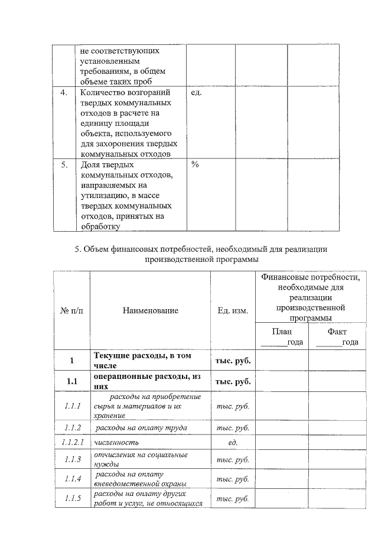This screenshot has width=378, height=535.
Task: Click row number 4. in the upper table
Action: pos(64,93)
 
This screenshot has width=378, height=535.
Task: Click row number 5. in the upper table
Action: pos(64,164)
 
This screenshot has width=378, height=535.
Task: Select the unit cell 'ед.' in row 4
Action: pos(197,93)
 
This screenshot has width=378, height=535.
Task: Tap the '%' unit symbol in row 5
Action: pos(195,164)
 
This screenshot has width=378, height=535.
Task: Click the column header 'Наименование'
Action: pos(151,310)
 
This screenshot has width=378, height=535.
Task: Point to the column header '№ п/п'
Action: pos(71,310)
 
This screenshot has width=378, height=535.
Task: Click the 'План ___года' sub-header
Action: pos(282,337)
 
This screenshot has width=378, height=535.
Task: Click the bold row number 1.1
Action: pos(72,381)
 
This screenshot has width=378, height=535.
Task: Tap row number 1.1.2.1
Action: pos(72,442)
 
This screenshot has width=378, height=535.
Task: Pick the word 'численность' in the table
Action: pos(116,442)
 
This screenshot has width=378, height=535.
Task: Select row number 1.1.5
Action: pos(72,498)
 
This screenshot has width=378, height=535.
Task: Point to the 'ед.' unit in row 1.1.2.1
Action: pos(232,442)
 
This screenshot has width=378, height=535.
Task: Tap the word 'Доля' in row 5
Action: pos(90,164)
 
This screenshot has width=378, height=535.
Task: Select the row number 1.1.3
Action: pos(72,459)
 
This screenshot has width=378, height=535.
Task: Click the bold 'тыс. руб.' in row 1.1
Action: pos(232,381)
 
